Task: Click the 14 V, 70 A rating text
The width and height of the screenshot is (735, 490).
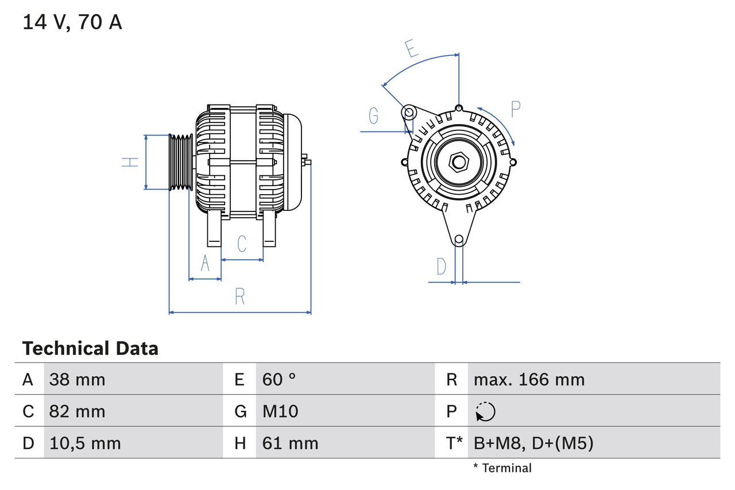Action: [x=72, y=22]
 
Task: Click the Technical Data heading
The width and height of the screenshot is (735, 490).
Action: [x=90, y=348]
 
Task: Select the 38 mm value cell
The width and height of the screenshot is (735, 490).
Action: [x=77, y=379]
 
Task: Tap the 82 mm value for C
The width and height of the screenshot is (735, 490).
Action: [x=77, y=411]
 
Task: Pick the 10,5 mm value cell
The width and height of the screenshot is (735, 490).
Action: [x=85, y=443]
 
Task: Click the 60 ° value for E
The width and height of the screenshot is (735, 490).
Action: [x=279, y=379]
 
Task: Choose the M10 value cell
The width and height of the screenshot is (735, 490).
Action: [x=280, y=411]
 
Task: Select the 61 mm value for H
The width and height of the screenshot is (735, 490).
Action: [x=290, y=443]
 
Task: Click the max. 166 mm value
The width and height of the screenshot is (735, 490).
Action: [x=529, y=379]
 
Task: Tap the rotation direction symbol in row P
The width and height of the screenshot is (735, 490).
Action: [x=485, y=411]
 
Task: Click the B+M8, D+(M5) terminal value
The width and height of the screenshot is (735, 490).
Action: [x=533, y=443]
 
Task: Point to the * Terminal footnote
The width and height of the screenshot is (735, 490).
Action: [x=502, y=468]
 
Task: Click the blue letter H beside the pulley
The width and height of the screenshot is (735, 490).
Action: [x=131, y=162]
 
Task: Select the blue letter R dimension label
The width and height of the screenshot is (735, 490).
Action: [x=240, y=296]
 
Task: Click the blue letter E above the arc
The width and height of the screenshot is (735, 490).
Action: [x=411, y=49]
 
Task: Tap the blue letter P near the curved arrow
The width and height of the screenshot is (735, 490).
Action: [x=515, y=109]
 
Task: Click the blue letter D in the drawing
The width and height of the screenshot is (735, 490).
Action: [x=441, y=267]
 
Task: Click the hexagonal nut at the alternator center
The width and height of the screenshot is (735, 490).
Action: [x=458, y=162]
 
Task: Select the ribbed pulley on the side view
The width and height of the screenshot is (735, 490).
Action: [x=181, y=162]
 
